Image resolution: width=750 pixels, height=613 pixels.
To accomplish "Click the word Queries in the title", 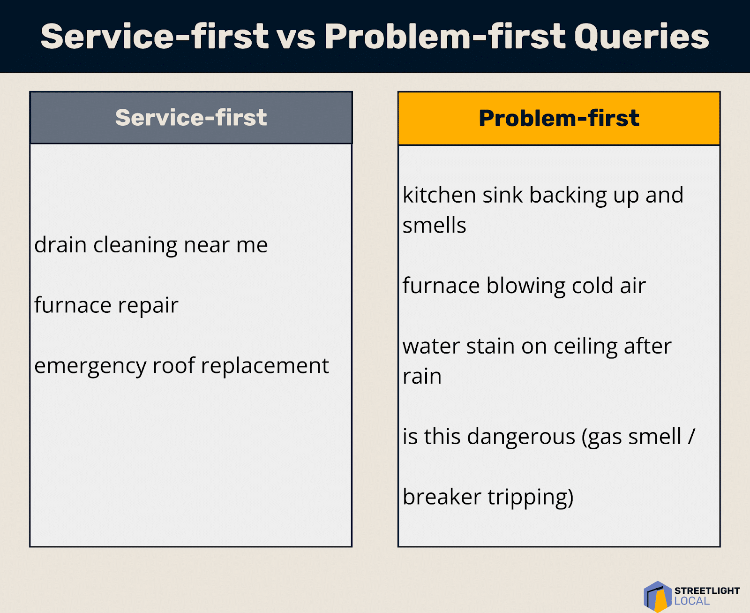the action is pyautogui.click(x=641, y=37).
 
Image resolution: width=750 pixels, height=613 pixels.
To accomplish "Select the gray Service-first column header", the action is pyautogui.click(x=191, y=118).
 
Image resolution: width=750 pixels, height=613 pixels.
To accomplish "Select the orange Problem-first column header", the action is pyautogui.click(x=559, y=118).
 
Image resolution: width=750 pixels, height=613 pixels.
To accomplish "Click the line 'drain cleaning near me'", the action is pyautogui.click(x=151, y=245).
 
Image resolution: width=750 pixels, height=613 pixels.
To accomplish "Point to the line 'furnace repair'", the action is pyautogui.click(x=106, y=305).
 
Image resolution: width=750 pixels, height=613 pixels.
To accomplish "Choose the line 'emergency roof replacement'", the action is pyautogui.click(x=182, y=366).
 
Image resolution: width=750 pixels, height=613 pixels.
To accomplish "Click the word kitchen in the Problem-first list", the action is pyautogui.click(x=440, y=195).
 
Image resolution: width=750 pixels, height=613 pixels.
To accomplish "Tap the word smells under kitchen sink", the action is pyautogui.click(x=434, y=225).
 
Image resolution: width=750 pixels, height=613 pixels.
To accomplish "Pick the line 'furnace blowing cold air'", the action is pyautogui.click(x=524, y=286).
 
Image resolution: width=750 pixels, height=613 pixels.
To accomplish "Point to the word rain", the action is pyautogui.click(x=422, y=377).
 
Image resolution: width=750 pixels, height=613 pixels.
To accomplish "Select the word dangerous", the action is pyautogui.click(x=521, y=437).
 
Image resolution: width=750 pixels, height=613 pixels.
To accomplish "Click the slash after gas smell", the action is pyautogui.click(x=691, y=436).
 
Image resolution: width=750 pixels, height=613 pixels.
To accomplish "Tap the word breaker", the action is pyautogui.click(x=442, y=497).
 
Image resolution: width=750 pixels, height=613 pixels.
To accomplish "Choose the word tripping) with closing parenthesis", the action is pyautogui.click(x=531, y=498).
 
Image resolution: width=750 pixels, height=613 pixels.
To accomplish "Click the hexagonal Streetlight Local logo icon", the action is pyautogui.click(x=658, y=597).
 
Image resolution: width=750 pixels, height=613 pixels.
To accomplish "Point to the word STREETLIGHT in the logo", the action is pyautogui.click(x=707, y=590).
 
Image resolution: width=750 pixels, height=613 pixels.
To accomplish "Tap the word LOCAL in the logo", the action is pyautogui.click(x=692, y=601).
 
